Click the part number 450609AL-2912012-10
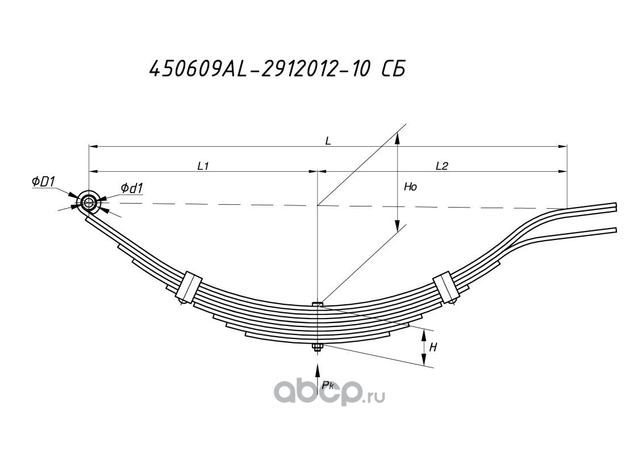point(256,70)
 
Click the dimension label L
point(328,141)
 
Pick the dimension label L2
point(442,166)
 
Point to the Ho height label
point(410,187)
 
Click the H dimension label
point(433,348)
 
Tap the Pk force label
point(329,386)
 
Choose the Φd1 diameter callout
point(131,188)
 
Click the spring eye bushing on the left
point(89,202)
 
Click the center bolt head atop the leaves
point(318,305)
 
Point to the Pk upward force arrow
point(318,378)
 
